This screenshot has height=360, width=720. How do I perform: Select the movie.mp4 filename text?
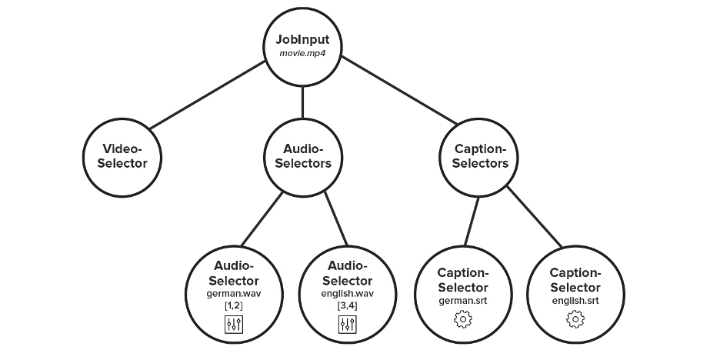tap(302, 54)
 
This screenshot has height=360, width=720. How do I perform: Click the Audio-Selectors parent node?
tap(302, 155)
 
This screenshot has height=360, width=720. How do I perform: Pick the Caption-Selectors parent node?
tap(480, 155)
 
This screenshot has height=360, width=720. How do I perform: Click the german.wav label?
tap(234, 294)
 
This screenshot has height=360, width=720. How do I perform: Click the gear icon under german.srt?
tap(462, 318)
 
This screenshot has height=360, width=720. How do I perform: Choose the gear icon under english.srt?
tap(575, 318)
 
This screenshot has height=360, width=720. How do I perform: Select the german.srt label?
tap(462, 299)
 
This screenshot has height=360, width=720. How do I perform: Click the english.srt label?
tap(575, 299)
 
